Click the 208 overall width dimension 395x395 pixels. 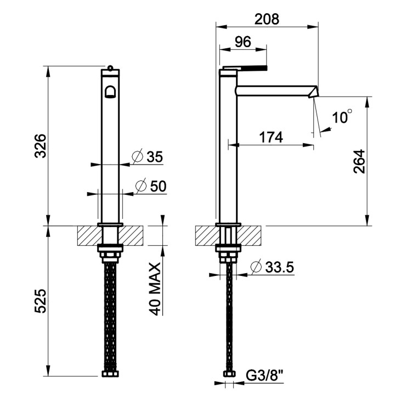pos(267,19)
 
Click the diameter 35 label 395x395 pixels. pos(149,157)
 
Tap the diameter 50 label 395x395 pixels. pos(150,186)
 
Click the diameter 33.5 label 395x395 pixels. pos(273,268)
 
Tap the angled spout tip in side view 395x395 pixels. pos(314,91)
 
